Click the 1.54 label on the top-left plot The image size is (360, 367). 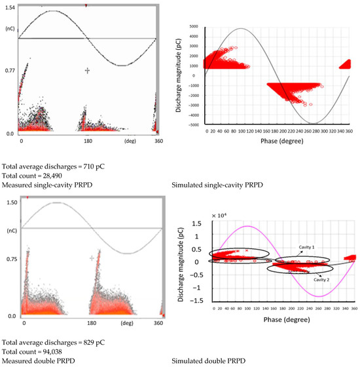pos(9,6)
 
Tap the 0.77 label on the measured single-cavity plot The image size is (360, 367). pos(9,69)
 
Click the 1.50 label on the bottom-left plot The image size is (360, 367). pos(9,203)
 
